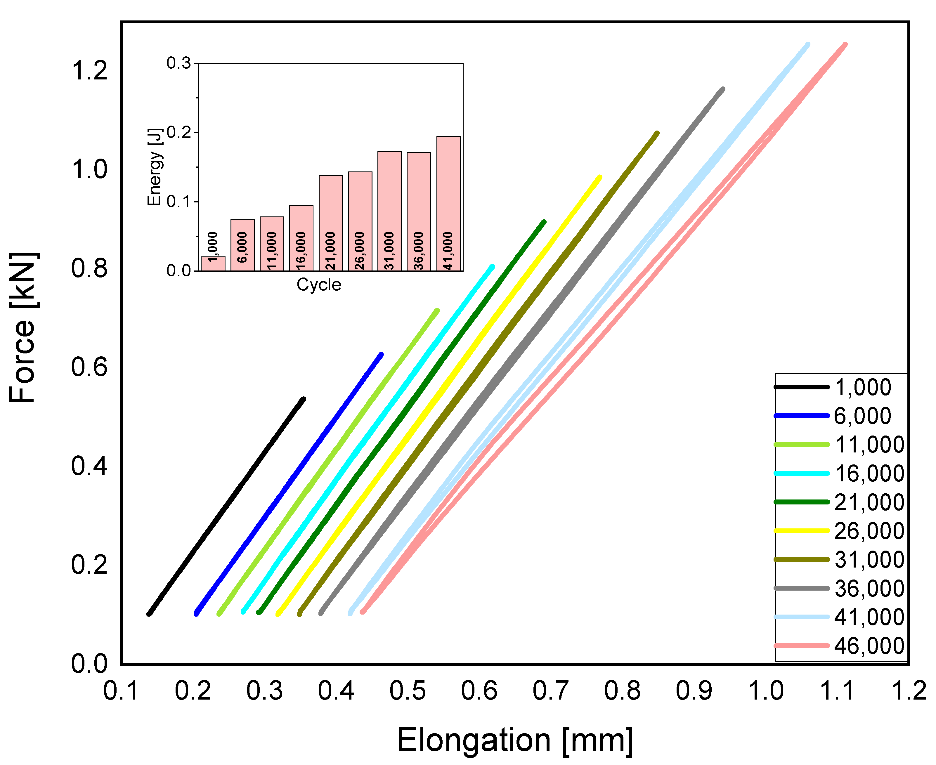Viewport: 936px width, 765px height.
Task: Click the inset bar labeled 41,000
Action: pos(448,204)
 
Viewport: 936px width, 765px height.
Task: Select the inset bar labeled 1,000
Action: pos(213,263)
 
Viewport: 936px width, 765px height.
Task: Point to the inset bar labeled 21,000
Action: pos(330,223)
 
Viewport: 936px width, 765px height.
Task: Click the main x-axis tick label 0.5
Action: pos(407,691)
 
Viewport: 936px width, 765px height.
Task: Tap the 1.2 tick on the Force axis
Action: pos(89,70)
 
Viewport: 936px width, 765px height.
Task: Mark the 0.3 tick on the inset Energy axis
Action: pos(179,63)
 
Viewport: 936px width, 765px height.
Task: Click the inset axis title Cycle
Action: pos(319,285)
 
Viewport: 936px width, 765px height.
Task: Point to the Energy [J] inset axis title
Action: pos(154,167)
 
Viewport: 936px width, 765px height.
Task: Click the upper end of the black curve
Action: pos(303,399)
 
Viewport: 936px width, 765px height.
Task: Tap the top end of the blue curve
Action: pos(381,354)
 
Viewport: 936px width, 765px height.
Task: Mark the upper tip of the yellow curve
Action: pos(599,177)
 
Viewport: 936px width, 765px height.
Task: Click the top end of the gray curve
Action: pos(723,89)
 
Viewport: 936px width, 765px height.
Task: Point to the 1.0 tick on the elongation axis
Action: pos(766,691)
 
